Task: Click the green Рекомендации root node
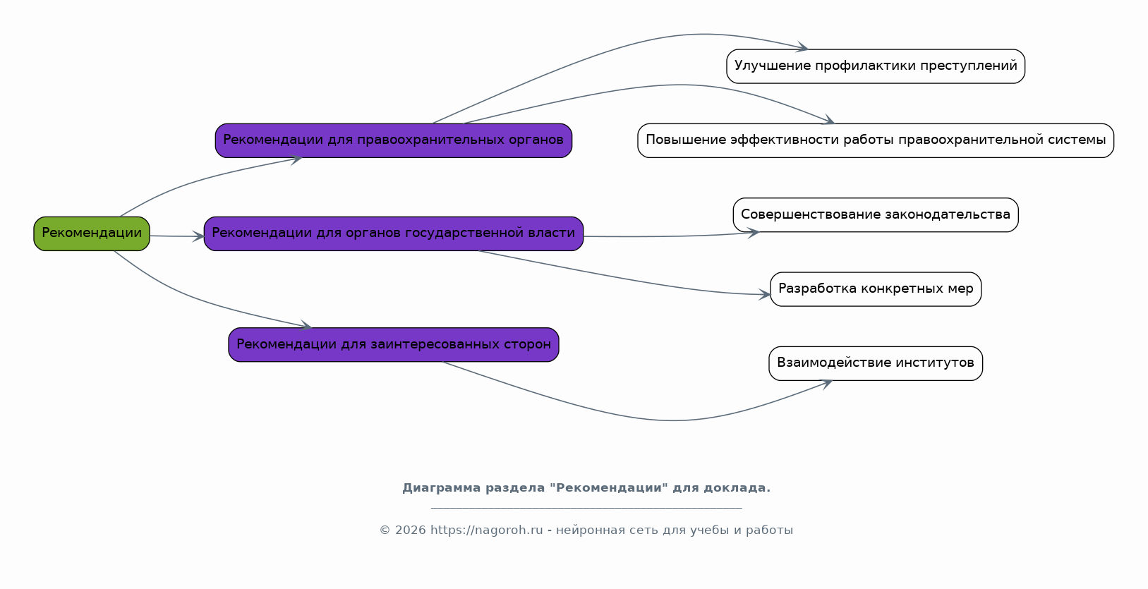pos(92,233)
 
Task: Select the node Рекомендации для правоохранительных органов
pos(393,140)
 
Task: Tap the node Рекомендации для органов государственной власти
pos(393,233)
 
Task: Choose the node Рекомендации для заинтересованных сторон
pos(393,345)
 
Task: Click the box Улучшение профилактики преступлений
pos(875,66)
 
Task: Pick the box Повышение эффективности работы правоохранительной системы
pos(875,140)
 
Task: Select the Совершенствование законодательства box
pos(875,214)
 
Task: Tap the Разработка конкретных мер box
pos(875,289)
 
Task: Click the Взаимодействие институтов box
pos(875,363)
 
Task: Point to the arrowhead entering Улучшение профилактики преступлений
pos(803,48)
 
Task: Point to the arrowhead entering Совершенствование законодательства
pos(754,232)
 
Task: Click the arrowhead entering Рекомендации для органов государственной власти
pos(199,237)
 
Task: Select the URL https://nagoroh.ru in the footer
pos(486,530)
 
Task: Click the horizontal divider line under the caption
pos(586,507)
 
